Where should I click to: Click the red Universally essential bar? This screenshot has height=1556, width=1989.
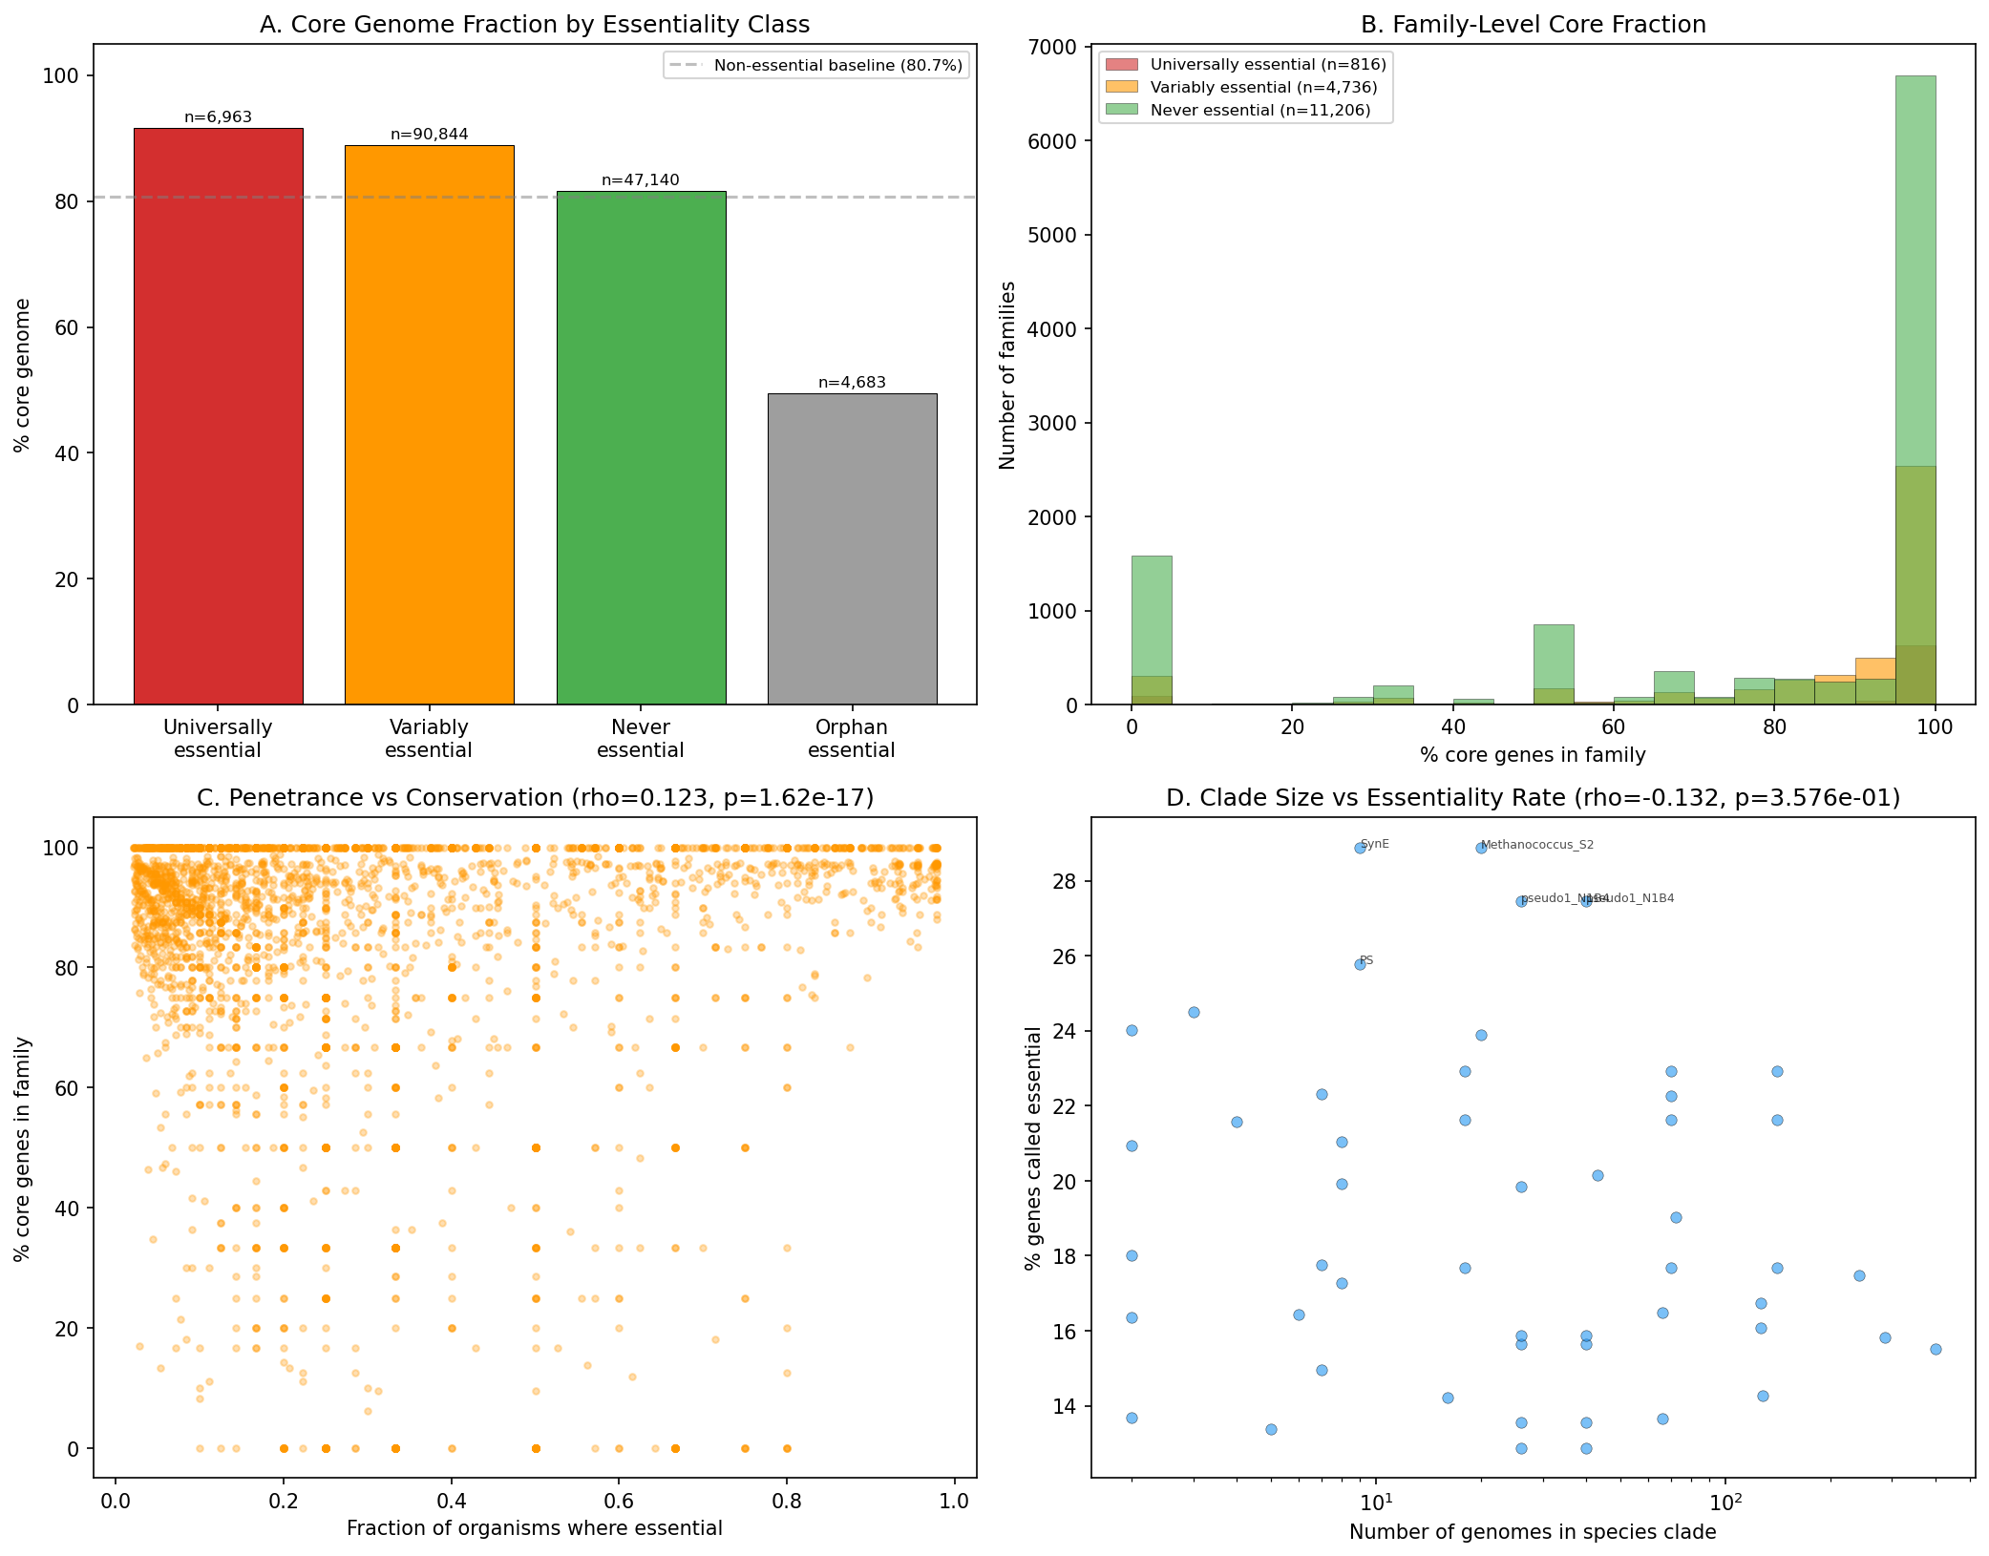pyautogui.click(x=218, y=416)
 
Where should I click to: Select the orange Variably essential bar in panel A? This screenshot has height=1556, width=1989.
pyautogui.click(x=429, y=425)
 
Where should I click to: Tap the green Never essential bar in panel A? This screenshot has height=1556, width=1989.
pyautogui.click(x=641, y=448)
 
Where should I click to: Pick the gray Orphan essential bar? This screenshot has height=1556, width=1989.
pyautogui.click(x=852, y=549)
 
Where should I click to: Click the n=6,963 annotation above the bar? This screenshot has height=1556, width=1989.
pyautogui.click(x=218, y=117)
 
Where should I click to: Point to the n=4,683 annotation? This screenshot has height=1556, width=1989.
pyautogui.click(x=852, y=383)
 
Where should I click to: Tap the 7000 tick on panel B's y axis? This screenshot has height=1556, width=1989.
pyautogui.click(x=1056, y=48)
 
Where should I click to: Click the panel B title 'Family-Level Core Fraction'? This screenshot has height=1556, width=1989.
pyautogui.click(x=1533, y=25)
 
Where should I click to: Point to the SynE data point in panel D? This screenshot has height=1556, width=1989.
pyautogui.click(x=1360, y=848)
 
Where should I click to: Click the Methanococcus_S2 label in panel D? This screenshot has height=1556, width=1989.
pyautogui.click(x=1536, y=845)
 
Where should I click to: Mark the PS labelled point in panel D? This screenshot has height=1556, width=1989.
pyautogui.click(x=1360, y=964)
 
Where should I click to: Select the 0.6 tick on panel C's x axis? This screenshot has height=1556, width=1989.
pyautogui.click(x=619, y=1501)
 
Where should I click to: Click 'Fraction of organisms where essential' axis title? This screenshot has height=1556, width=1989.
pyautogui.click(x=534, y=1528)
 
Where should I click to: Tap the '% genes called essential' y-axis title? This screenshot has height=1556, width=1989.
pyautogui.click(x=1032, y=1147)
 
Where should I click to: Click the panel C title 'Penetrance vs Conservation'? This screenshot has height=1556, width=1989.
pyautogui.click(x=535, y=798)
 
